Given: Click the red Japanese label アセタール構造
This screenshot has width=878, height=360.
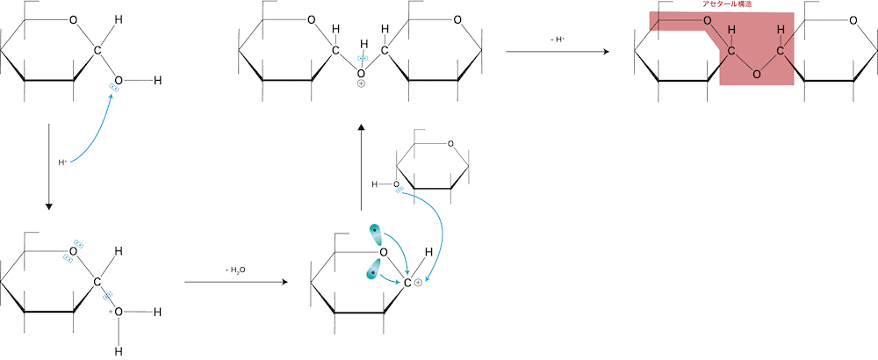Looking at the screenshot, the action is pyautogui.click(x=727, y=4).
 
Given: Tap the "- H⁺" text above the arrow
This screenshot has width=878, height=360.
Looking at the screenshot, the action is pyautogui.click(x=558, y=40).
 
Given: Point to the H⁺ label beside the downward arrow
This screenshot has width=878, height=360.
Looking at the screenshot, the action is pyautogui.click(x=62, y=162).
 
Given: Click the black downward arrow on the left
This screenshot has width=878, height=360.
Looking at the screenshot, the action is pyautogui.click(x=48, y=166).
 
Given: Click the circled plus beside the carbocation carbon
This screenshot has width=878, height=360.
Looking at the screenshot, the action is pyautogui.click(x=418, y=284).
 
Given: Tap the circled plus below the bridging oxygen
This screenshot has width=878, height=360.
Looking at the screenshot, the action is pyautogui.click(x=361, y=84).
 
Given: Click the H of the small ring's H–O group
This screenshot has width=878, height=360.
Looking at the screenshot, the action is pyautogui.click(x=375, y=184).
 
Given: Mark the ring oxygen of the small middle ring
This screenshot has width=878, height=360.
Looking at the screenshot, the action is pyautogui.click(x=450, y=144).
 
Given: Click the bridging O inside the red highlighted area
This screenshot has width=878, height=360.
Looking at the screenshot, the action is pyautogui.click(x=757, y=74).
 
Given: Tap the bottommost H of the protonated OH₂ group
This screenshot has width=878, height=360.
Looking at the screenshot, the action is pyautogui.click(x=119, y=351).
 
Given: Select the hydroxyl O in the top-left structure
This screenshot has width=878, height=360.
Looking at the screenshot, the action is pyautogui.click(x=119, y=81).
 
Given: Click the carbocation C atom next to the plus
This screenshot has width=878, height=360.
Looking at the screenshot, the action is pyautogui.click(x=407, y=284).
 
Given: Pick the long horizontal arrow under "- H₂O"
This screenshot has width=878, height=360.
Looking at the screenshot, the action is pyautogui.click(x=236, y=282).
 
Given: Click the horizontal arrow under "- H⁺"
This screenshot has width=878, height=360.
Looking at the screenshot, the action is pyautogui.click(x=558, y=52).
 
